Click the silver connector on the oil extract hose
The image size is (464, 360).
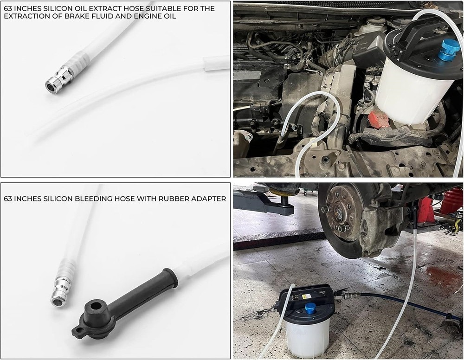coord(59,80)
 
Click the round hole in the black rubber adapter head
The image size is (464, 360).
coord(95,306)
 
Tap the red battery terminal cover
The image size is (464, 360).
coord(378,120)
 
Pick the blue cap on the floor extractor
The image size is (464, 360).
coord(311,308)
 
